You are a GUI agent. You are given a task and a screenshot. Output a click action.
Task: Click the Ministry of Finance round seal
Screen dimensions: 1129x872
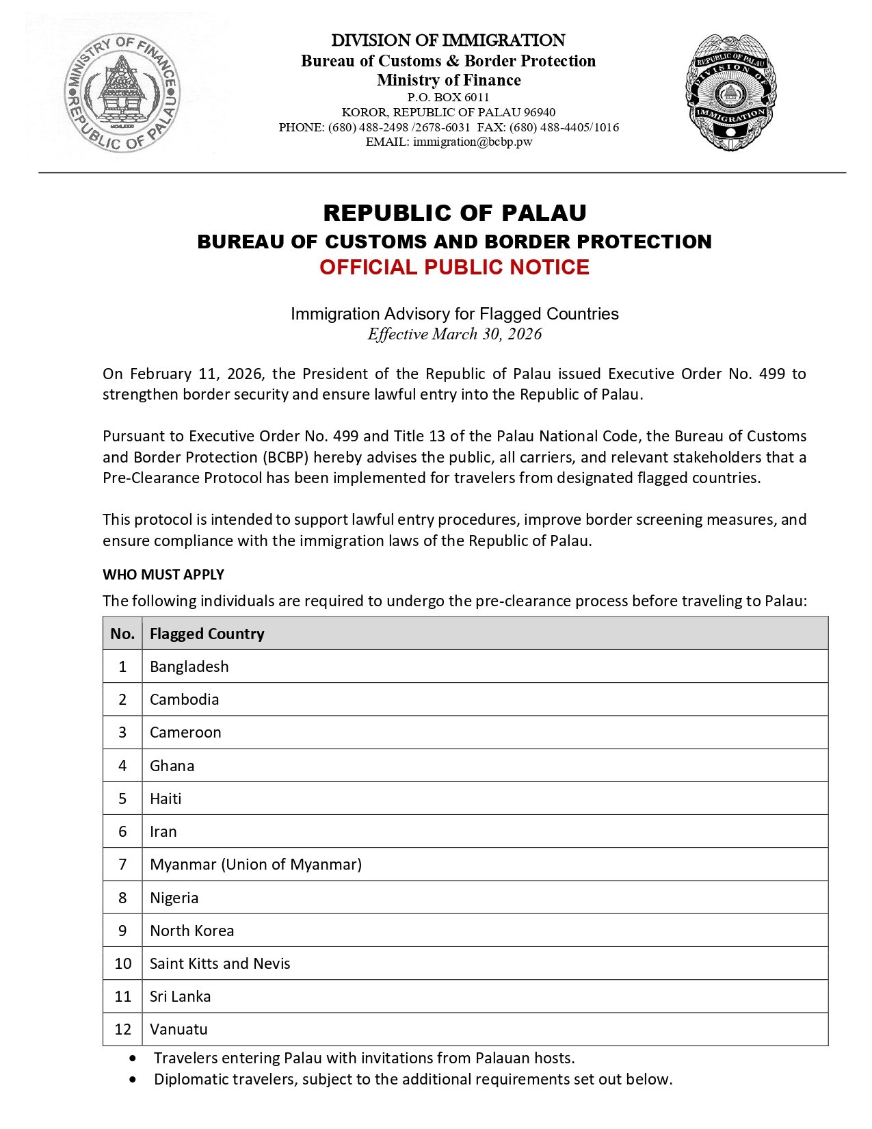122,92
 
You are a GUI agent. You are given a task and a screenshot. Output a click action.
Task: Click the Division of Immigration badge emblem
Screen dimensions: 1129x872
730,92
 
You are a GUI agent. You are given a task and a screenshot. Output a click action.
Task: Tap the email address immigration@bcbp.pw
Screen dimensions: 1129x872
472,142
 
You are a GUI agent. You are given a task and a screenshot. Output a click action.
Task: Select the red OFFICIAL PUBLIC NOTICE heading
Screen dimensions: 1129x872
454,268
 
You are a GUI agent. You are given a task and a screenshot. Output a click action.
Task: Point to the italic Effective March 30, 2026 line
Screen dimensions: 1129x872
454,334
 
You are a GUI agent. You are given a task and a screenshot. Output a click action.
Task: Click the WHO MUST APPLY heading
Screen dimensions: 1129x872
163,575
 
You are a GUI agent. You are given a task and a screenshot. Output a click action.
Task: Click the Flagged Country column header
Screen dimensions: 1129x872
207,634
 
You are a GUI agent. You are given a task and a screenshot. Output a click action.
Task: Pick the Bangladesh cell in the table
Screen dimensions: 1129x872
189,666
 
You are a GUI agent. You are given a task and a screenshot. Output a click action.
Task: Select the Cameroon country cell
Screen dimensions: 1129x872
185,732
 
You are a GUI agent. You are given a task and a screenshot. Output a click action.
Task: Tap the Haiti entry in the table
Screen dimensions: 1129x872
166,799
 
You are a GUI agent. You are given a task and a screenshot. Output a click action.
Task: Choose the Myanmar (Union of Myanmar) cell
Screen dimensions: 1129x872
256,864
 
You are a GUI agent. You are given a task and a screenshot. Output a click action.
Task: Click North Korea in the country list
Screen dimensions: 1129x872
191,931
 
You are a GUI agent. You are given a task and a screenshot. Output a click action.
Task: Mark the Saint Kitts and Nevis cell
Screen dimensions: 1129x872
220,963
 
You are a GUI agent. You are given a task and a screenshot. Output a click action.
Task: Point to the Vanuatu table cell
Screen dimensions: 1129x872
179,1029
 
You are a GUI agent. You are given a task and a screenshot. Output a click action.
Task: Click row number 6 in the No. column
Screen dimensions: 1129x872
122,831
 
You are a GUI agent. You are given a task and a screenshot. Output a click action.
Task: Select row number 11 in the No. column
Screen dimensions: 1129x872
122,996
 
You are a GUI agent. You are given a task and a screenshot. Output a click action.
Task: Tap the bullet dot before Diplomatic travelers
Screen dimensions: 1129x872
132,1080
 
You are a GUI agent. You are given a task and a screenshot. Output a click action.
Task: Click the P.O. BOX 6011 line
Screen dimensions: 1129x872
449,97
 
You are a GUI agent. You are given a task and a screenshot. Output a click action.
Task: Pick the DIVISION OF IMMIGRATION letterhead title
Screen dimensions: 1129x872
449,40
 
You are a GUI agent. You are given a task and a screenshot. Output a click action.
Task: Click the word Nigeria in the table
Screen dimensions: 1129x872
174,898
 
